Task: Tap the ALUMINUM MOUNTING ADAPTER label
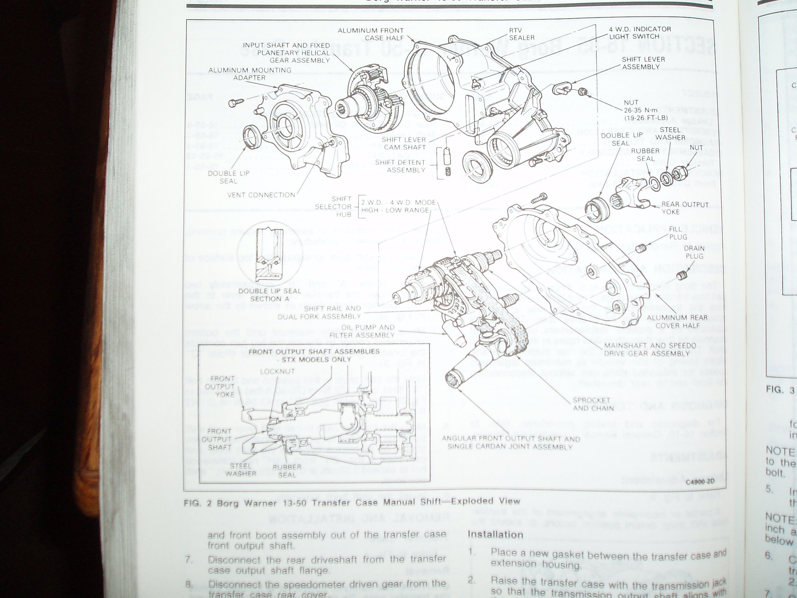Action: point(250,74)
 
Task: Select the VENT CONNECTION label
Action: point(261,195)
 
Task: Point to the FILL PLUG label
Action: point(678,233)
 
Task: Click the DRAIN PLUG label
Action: point(694,252)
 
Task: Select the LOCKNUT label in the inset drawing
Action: point(277,371)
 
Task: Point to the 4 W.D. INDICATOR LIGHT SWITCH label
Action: point(639,32)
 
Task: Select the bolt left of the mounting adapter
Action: point(236,102)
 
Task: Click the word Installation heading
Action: point(495,534)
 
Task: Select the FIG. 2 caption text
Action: point(351,502)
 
